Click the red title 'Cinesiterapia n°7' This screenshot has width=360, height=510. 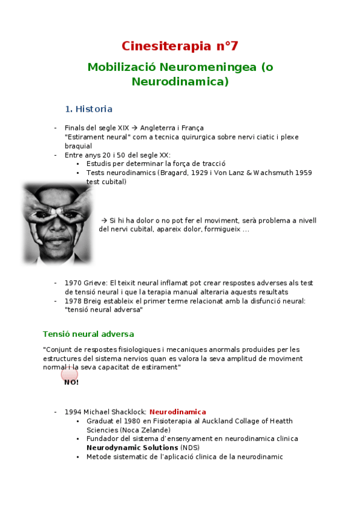pyautogui.click(x=180, y=46)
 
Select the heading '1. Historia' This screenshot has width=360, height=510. pyautogui.click(x=88, y=109)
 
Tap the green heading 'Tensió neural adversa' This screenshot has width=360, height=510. pyautogui.click(x=88, y=334)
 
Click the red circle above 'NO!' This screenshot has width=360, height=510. pyautogui.click(x=70, y=375)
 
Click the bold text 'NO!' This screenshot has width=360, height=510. pyautogui.click(x=72, y=382)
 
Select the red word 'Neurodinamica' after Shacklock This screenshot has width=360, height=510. pyautogui.click(x=177, y=412)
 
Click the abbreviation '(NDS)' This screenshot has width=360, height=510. pyautogui.click(x=190, y=447)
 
